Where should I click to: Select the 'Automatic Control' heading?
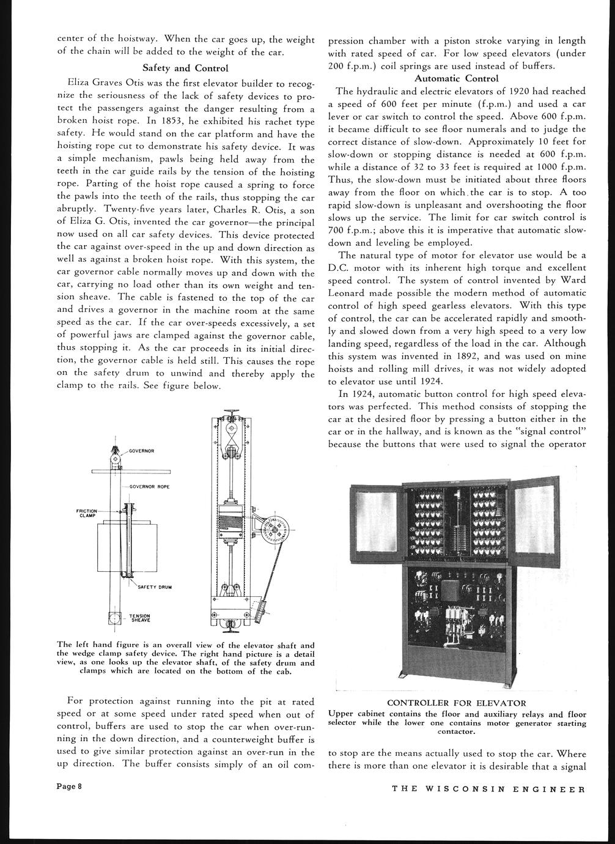(456, 78)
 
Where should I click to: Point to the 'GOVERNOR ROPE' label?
(150, 486)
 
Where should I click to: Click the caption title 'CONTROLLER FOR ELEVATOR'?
(457, 703)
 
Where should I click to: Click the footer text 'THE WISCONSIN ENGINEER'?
(488, 788)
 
